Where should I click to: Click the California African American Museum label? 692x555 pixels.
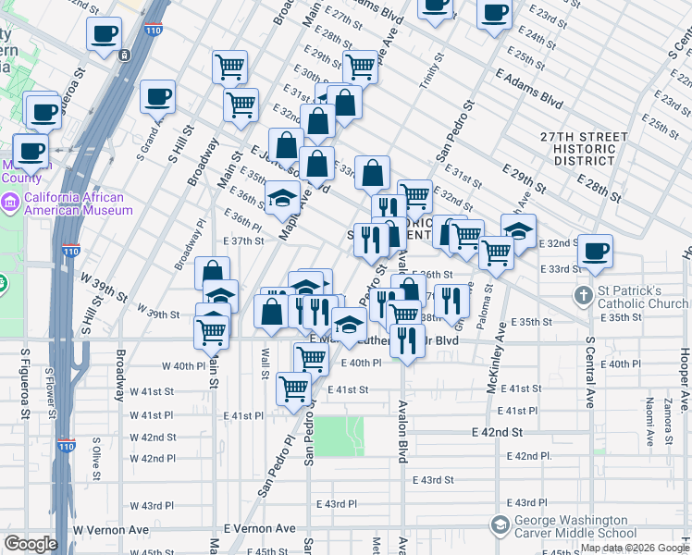pos(79,203)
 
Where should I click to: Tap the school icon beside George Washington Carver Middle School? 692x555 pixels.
pos(500,526)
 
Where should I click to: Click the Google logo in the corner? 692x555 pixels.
pos(31,544)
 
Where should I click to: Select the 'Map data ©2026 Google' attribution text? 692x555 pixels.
pos(634,549)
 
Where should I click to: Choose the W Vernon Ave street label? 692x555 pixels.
pos(112,530)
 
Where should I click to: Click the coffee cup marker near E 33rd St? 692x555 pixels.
pos(595,250)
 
